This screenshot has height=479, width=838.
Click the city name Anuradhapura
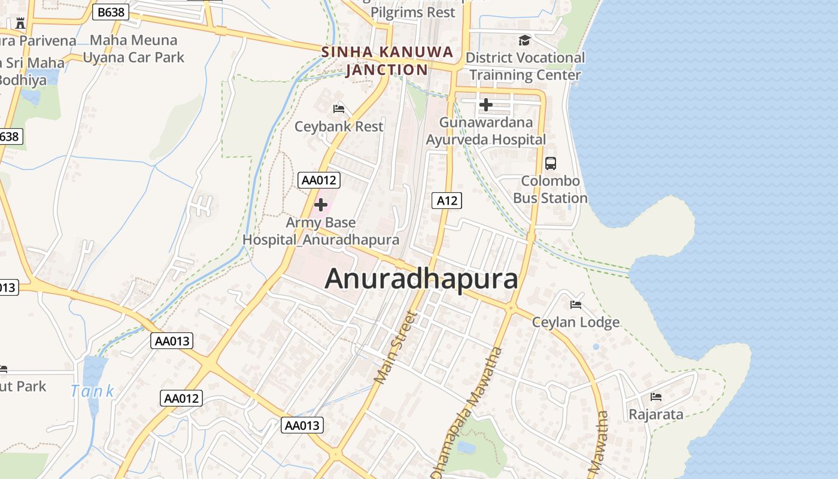pos(421,279)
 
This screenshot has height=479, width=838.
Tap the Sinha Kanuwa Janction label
pos(387,60)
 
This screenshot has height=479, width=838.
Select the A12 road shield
pos(447,201)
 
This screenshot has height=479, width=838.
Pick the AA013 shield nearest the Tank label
pos(172,341)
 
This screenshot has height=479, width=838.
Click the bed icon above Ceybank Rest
pos(339,108)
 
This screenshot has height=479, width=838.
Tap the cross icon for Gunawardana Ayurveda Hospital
pos(485,105)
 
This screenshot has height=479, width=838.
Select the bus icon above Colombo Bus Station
pos(550,163)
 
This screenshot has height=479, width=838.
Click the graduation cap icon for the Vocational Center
pos(524,40)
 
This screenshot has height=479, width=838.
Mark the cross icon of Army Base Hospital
pos(320,205)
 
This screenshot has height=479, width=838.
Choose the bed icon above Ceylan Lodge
pos(576,304)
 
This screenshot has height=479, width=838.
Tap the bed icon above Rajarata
pos(655,396)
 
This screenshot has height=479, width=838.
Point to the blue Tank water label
pos(92,392)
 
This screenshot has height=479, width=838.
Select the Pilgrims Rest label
pos(412,12)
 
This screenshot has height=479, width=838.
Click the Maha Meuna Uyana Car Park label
pos(133,49)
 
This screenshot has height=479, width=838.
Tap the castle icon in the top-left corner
pos(20,23)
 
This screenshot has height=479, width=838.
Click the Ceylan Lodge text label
pos(576,322)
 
